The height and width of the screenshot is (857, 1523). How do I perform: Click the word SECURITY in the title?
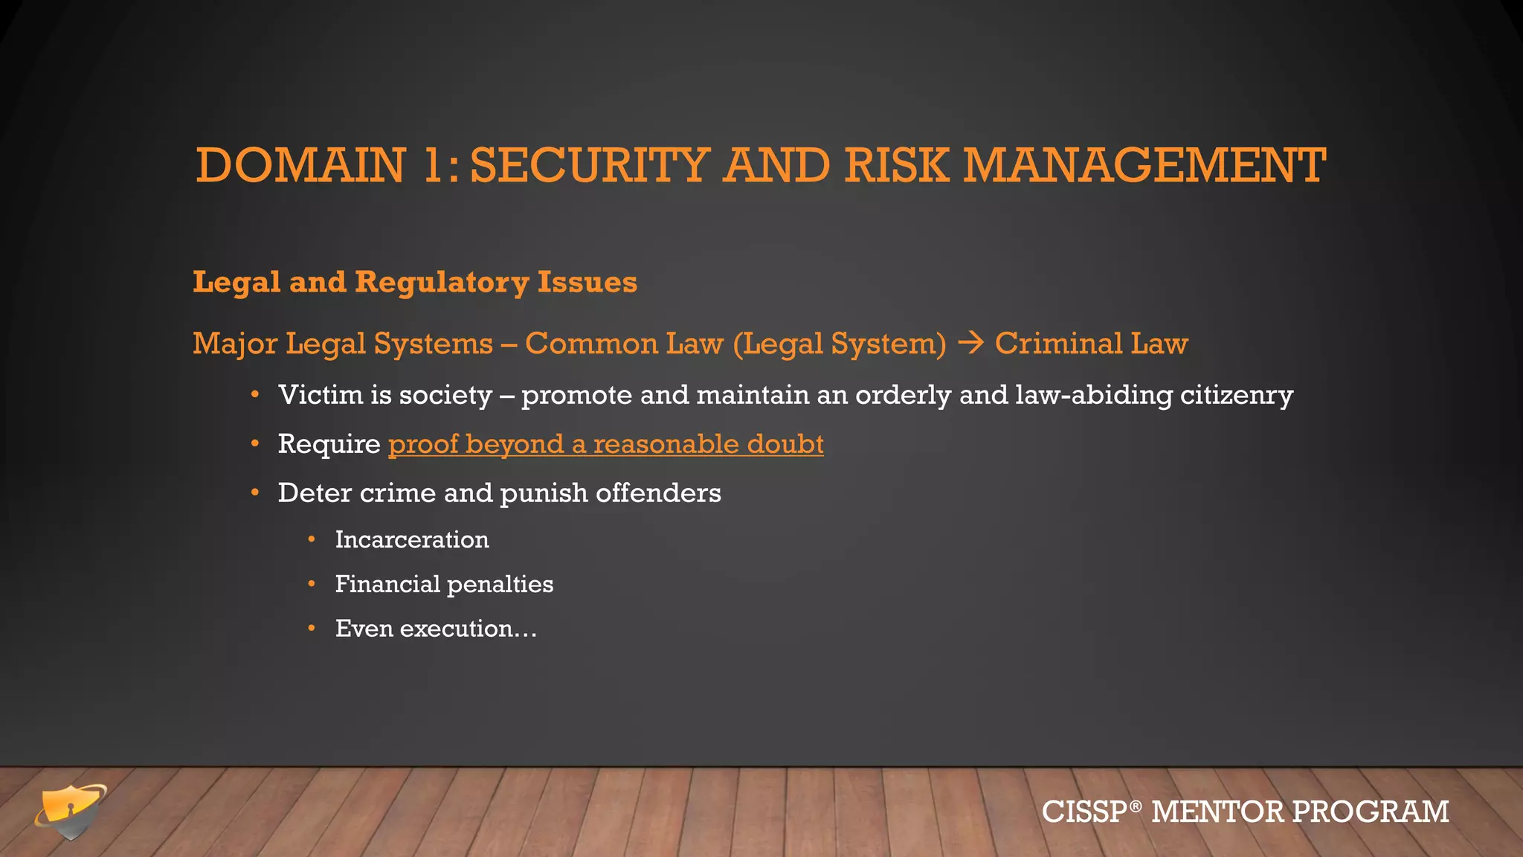(589, 165)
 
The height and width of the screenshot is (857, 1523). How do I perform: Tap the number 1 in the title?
(432, 165)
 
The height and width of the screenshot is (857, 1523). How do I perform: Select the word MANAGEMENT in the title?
(1144, 165)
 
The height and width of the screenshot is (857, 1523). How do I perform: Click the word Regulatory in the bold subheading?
(442, 283)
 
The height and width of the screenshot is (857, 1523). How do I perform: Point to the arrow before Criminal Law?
(970, 343)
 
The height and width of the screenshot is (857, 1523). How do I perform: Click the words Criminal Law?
(1091, 343)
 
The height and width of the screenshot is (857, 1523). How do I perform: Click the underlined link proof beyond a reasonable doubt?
(605, 444)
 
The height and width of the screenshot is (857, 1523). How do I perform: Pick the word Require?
(329, 444)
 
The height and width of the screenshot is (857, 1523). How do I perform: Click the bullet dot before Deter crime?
(255, 492)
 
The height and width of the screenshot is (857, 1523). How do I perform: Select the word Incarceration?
(412, 539)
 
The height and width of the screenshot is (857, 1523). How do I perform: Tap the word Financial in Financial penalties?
(387, 584)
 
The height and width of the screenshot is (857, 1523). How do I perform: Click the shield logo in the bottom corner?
(71, 811)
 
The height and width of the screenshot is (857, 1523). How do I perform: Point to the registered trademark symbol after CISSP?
(1135, 806)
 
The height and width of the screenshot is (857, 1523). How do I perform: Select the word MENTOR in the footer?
(1217, 812)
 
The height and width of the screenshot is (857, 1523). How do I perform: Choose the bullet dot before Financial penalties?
(312, 584)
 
